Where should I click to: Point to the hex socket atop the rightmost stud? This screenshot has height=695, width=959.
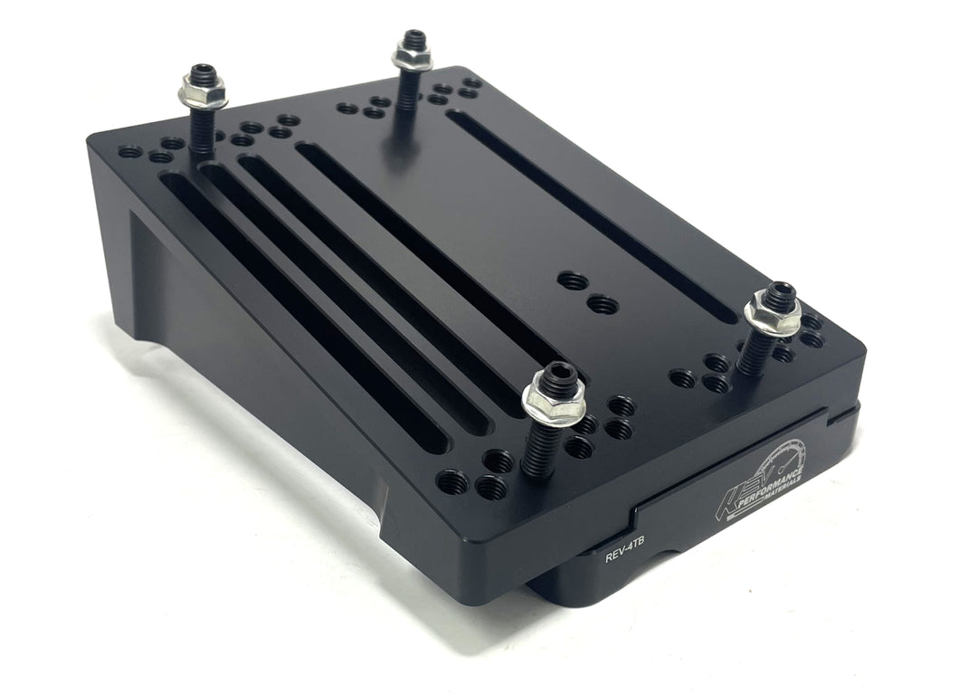(x=778, y=291)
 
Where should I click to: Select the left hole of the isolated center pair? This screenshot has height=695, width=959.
(x=572, y=281)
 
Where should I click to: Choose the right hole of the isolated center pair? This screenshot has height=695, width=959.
(x=603, y=305)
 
